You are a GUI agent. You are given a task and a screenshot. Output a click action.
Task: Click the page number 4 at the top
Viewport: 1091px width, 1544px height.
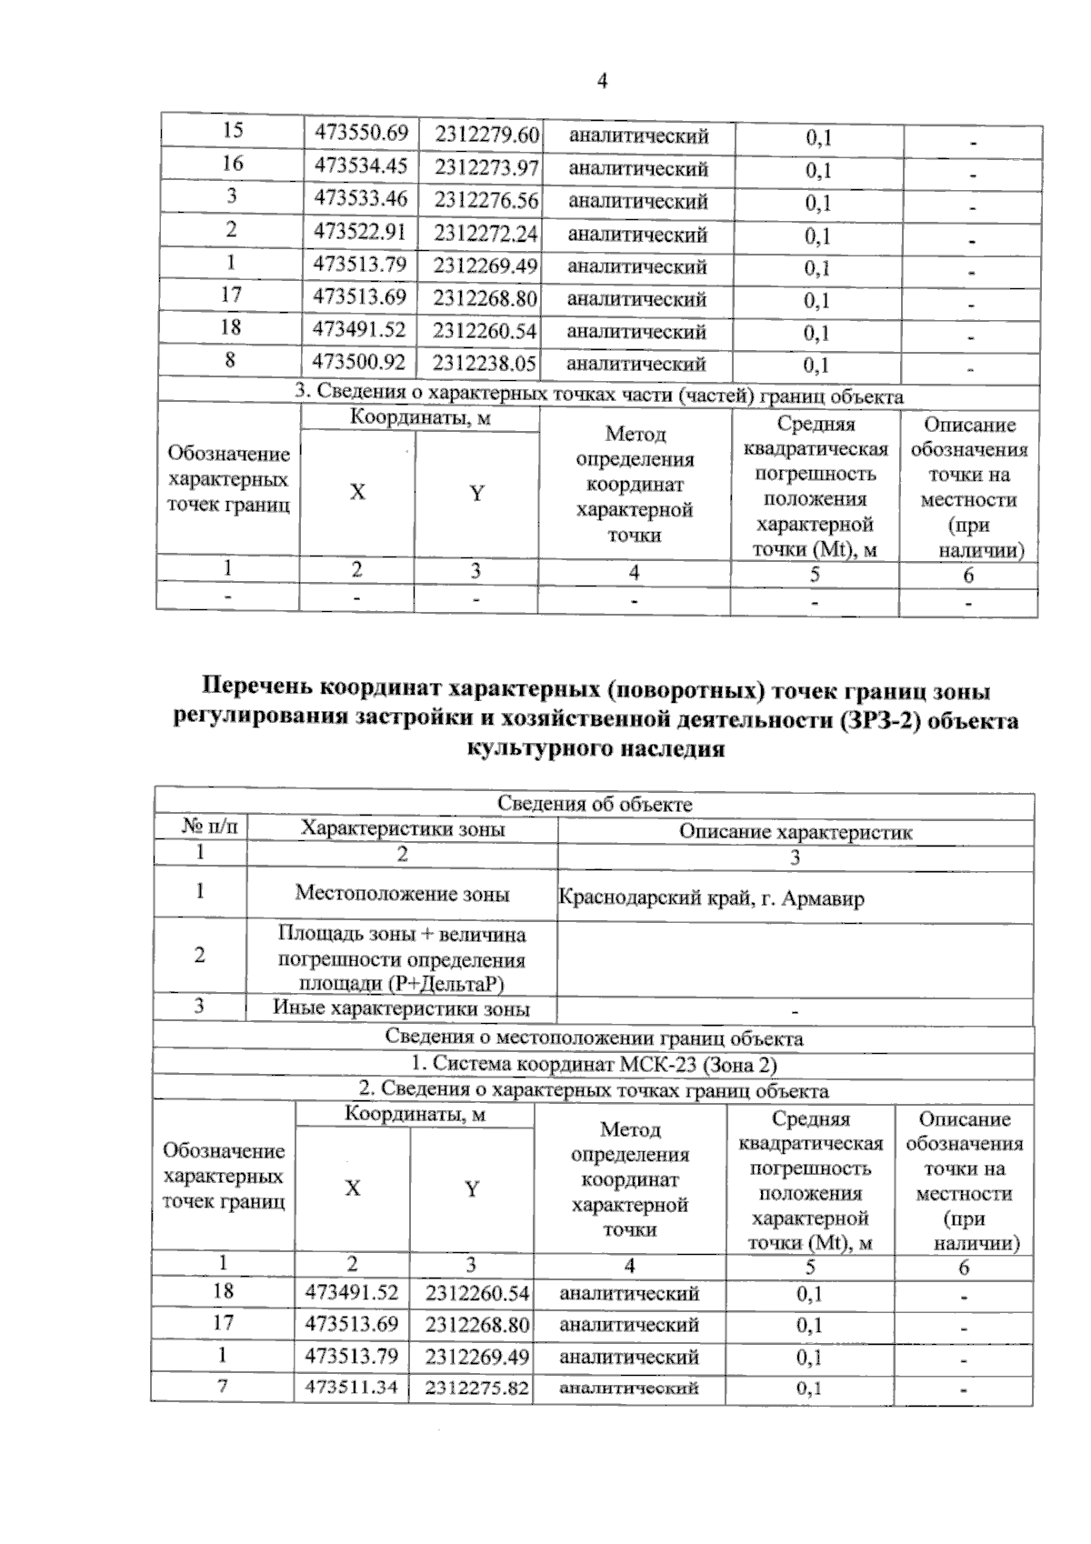(602, 81)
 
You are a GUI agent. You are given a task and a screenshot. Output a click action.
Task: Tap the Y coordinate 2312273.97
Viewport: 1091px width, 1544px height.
(486, 167)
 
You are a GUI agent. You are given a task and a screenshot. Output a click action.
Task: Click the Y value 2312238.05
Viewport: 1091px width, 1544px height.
(485, 364)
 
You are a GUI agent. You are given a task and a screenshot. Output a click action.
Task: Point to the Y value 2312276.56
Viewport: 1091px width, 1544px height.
(486, 200)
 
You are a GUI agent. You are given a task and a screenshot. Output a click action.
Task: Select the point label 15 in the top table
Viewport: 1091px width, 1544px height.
(232, 131)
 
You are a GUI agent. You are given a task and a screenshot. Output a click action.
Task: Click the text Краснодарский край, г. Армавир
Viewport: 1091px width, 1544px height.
(711, 899)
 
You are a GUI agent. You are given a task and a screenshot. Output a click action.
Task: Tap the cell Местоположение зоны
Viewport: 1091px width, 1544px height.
(402, 893)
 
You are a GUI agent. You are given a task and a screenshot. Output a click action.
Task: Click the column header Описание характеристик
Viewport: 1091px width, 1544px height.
(796, 832)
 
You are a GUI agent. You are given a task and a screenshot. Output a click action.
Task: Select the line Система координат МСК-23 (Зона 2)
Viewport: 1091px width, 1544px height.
(594, 1064)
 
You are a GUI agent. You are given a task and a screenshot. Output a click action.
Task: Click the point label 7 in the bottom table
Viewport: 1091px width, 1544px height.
(223, 1387)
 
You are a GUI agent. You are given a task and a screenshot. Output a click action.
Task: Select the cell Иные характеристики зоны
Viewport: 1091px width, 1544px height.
(401, 1008)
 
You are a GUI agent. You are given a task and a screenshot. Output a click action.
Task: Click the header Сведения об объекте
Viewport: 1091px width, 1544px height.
(595, 804)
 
